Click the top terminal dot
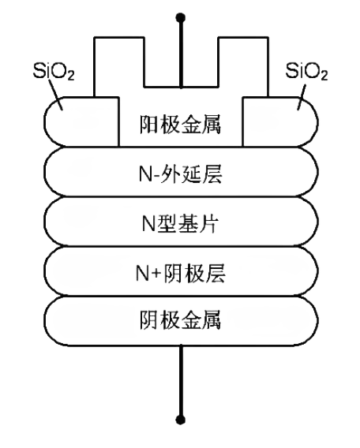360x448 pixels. (x=180, y=17)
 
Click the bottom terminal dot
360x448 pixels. (x=180, y=420)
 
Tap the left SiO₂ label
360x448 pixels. (x=54, y=72)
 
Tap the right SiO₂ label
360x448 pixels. (x=306, y=72)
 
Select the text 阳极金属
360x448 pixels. (x=180, y=125)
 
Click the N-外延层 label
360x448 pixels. (x=180, y=174)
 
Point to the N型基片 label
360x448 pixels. (x=180, y=223)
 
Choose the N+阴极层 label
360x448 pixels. (x=180, y=273)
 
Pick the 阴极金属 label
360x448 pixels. (x=180, y=320)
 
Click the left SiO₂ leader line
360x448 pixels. (x=56, y=95)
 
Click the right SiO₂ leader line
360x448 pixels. (x=302, y=97)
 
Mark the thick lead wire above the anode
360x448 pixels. (x=181, y=53)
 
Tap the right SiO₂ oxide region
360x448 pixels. (x=279, y=122)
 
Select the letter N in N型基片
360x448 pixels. (x=148, y=223)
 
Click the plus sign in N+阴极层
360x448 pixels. (x=156, y=274)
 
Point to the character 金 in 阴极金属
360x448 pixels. (x=190, y=320)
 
